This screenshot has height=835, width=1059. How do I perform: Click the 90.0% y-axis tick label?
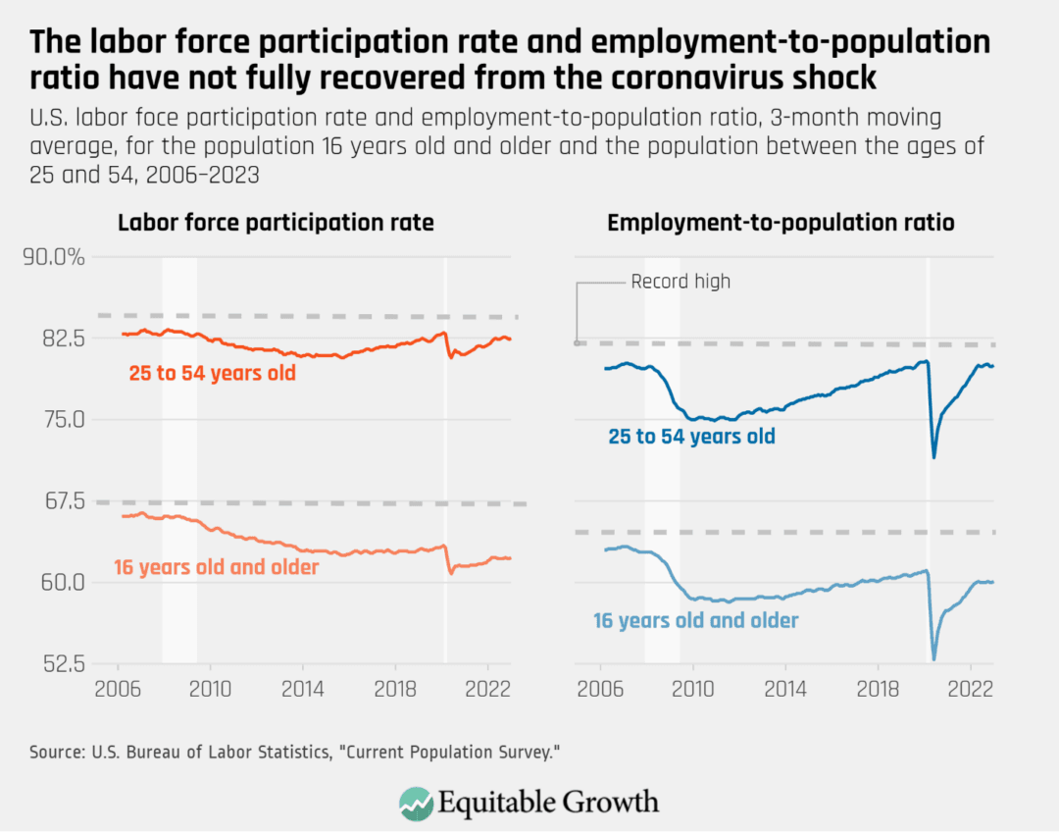54,258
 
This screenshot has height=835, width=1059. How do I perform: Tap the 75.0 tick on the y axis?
61,420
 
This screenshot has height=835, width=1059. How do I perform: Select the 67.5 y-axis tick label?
61,500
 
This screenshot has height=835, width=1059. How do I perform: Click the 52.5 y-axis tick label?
61,663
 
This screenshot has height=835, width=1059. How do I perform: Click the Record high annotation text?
680,282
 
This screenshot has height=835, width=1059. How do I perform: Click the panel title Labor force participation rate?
276,224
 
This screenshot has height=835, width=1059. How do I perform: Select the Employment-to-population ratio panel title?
781,224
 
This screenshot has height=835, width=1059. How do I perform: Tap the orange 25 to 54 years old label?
212,374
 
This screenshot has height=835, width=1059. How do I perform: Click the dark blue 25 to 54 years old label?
691,437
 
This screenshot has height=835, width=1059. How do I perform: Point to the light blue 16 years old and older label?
695,620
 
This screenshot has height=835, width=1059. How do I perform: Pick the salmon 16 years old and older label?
216,567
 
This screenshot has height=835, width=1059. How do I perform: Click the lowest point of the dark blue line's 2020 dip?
933,456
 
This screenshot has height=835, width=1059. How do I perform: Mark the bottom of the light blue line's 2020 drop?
933,658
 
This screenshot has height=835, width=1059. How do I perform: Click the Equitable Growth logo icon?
416,802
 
